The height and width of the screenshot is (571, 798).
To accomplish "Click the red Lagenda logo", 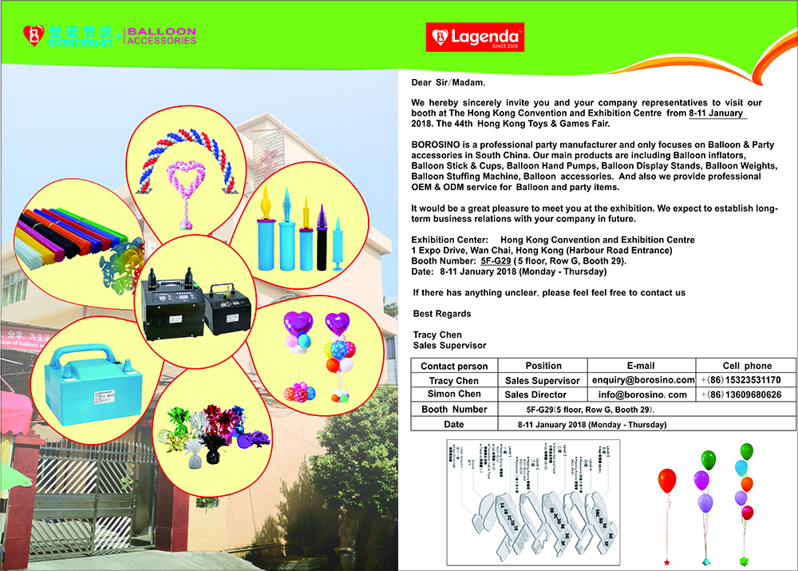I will (x=474, y=37).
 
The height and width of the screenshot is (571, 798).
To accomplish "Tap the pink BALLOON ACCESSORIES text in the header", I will (x=162, y=36).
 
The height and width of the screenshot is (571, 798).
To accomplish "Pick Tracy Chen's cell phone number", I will (x=746, y=380).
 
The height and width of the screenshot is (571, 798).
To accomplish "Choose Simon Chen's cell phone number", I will (x=746, y=395).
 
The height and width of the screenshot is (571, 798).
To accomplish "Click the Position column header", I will (x=543, y=366).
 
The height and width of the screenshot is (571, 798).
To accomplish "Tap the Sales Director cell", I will (x=535, y=395).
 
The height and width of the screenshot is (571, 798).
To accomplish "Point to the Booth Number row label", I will (x=454, y=410).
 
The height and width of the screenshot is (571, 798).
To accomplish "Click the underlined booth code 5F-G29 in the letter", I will (x=496, y=261).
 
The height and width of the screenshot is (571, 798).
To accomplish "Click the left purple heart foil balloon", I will (x=299, y=324).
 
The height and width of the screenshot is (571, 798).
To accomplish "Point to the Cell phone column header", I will (x=746, y=366).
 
